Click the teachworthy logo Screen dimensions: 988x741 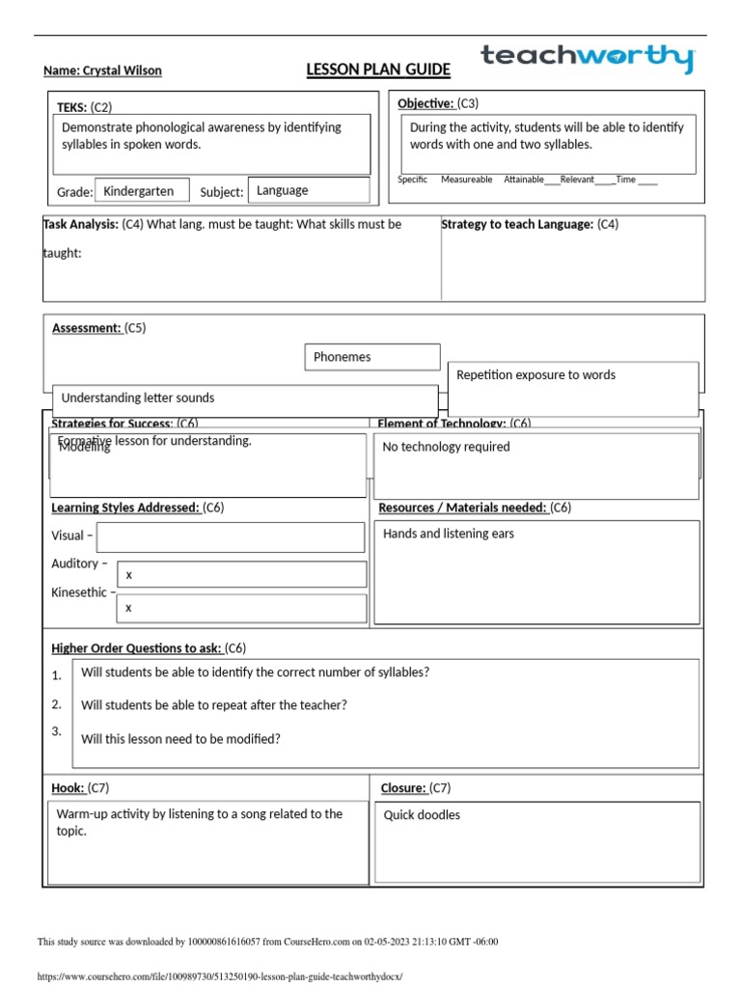pyautogui.click(x=588, y=58)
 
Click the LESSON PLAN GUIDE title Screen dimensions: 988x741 pyautogui.click(x=377, y=69)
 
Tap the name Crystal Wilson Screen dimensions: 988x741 pyautogui.click(x=102, y=70)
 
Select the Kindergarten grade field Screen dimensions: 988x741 pyautogui.click(x=140, y=191)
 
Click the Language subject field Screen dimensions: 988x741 pyautogui.click(x=308, y=190)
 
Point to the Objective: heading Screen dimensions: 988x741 pyautogui.click(x=425, y=103)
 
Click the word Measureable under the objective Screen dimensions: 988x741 pyautogui.click(x=466, y=179)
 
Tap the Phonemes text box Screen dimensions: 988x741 pyautogui.click(x=371, y=357)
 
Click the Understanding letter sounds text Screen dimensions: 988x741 pyautogui.click(x=138, y=398)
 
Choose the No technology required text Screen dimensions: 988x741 pyautogui.click(x=446, y=447)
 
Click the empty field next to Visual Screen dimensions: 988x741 pyautogui.click(x=231, y=536)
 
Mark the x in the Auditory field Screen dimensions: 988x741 pyautogui.click(x=128, y=575)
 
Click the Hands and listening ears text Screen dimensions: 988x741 pyautogui.click(x=449, y=534)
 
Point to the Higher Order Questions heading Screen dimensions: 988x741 pyautogui.click(x=136, y=647)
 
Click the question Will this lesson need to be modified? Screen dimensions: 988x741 pyautogui.click(x=180, y=739)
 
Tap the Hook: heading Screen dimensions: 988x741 pyautogui.click(x=68, y=788)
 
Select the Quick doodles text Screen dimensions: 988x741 pyautogui.click(x=422, y=815)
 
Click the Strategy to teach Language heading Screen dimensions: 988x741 pyautogui.click(x=517, y=225)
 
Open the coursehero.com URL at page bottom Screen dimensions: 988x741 pyautogui.click(x=219, y=975)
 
